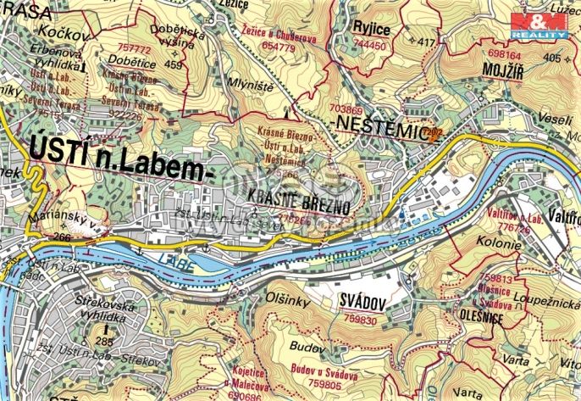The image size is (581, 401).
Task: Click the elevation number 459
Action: [x=174, y=64]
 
